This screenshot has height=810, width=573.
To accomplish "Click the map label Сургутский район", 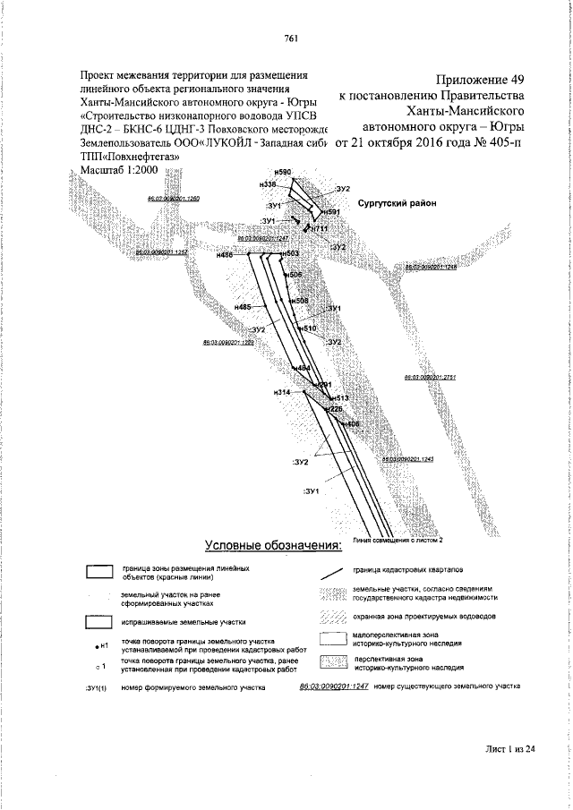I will coord(397,204).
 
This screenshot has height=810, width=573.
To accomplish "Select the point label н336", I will coord(267,184).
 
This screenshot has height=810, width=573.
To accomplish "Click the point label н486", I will coord(225,256).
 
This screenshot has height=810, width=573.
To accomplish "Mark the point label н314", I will coord(283,393).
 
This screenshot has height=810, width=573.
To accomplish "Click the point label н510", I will coord(309,330).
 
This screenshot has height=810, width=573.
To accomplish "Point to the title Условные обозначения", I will coord(274,546).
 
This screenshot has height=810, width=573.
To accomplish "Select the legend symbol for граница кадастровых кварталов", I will coord(333,572).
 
